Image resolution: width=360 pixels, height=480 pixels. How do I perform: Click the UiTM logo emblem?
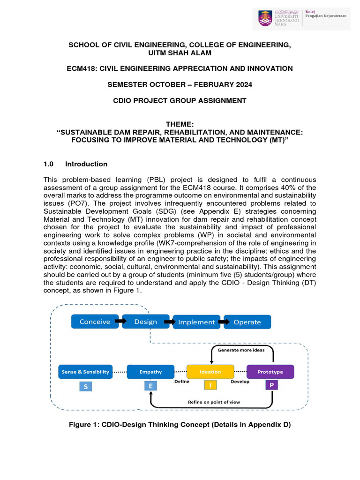coord(265,18)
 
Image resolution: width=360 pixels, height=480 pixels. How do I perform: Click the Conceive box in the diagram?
coord(95,322)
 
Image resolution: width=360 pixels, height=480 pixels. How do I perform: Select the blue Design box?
coord(145,322)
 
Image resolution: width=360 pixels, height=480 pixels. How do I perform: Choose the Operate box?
coord(247,322)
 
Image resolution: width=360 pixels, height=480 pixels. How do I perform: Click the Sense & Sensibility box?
coord(85,372)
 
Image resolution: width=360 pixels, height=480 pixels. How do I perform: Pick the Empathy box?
coord(150,372)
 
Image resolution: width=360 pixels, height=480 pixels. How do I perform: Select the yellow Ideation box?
coord(210,372)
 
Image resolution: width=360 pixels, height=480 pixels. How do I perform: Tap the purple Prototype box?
coord(270,372)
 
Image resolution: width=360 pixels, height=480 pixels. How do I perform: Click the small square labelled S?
coord(85,387)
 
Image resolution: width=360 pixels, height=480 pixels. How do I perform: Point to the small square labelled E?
coord(150,386)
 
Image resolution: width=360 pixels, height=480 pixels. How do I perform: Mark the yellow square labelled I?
coord(210,385)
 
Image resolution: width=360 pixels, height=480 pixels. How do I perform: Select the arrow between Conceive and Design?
coord(120,322)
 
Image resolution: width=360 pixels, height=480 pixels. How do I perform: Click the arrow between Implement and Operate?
coord(222,322)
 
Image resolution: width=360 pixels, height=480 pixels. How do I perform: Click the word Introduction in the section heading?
coord(86,164)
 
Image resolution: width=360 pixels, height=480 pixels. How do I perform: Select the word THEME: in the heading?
coord(180,124)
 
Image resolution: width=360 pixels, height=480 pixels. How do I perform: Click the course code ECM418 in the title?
coord(81,68)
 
